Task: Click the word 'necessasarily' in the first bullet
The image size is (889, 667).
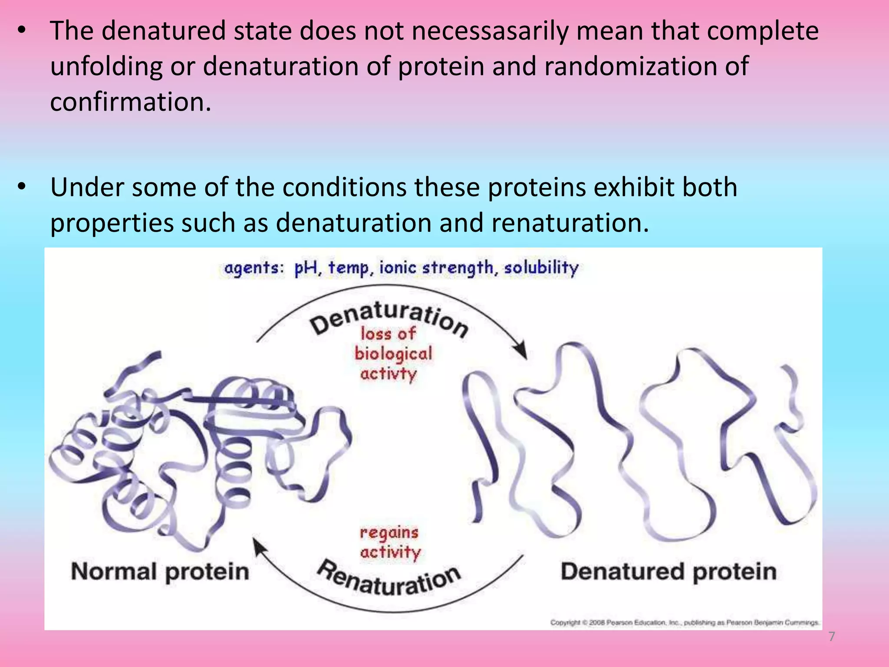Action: pos(490,31)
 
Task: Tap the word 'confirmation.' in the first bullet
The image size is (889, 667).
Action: pos(130,102)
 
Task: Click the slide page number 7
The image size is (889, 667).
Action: pos(831,637)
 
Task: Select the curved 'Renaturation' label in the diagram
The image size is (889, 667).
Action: pos(389,580)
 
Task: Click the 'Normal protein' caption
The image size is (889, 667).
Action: pos(160,571)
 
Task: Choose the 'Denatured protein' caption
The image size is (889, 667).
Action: pos(668,571)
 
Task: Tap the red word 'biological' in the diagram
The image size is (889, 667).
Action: pos(393,353)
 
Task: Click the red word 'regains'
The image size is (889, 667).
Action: pos(389,532)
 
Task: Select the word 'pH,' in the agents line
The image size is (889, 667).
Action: pos(308,268)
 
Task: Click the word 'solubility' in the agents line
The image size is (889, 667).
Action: pos(541,267)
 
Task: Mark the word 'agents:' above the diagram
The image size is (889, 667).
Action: pos(254,268)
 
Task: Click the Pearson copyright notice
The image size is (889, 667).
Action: pos(684,622)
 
